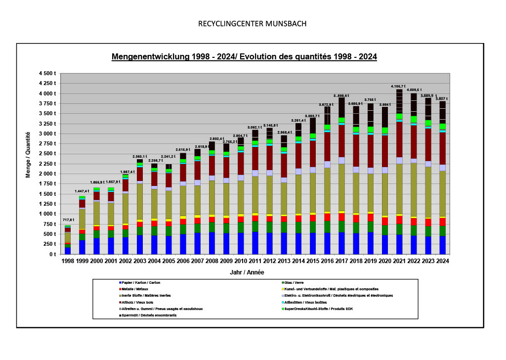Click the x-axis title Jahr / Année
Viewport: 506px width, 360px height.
pyautogui.click(x=247, y=272)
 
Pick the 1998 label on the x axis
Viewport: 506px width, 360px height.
pyautogui.click(x=68, y=261)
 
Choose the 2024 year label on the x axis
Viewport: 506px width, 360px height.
pyautogui.click(x=442, y=261)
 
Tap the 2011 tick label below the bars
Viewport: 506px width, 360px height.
pyautogui.click(x=255, y=261)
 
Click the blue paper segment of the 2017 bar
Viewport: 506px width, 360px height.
pyautogui.click(x=341, y=243)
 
